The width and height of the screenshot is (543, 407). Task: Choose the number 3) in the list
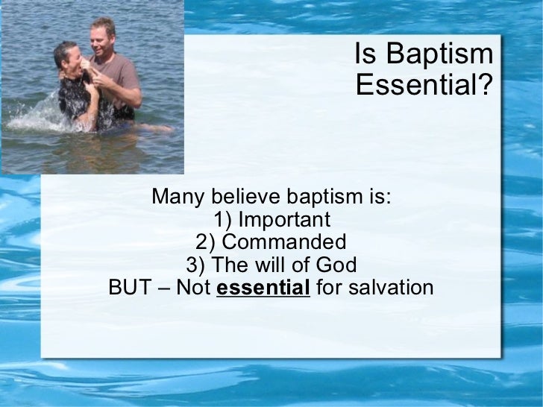(x=196, y=265)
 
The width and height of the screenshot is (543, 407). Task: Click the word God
(x=336, y=265)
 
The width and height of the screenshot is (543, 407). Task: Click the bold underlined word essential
(x=263, y=288)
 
